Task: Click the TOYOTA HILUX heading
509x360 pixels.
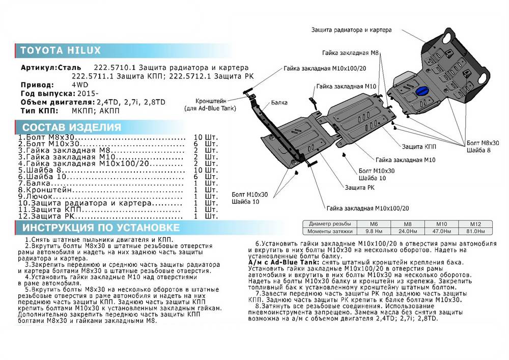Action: [x=60, y=50]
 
